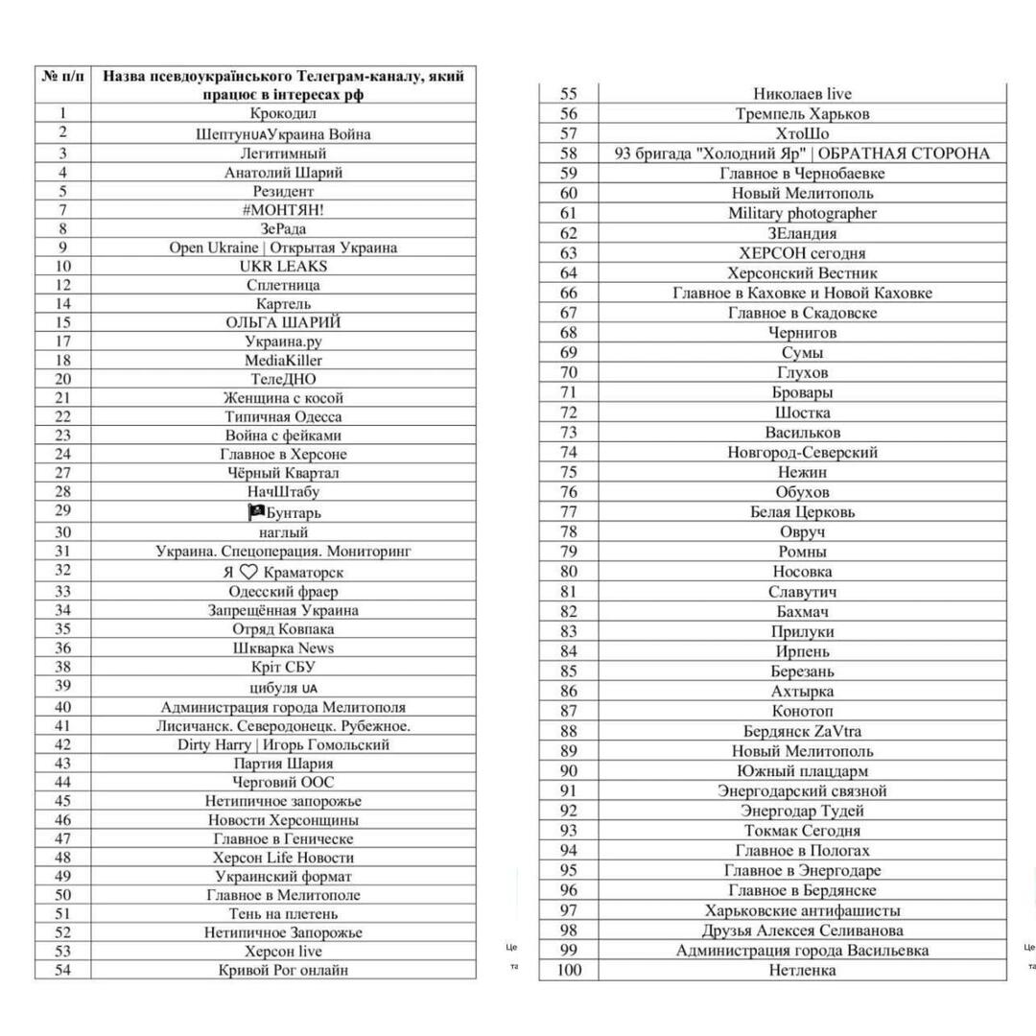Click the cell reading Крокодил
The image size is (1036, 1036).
(x=283, y=115)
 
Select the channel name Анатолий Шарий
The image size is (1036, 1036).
(x=283, y=173)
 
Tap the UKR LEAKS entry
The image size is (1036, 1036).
(x=283, y=266)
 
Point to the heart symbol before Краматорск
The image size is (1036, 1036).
(x=248, y=572)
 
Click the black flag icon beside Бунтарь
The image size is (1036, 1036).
(x=255, y=512)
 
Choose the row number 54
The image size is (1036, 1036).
(x=63, y=970)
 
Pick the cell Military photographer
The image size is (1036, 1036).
(x=802, y=213)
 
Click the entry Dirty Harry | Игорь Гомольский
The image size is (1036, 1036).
(x=283, y=744)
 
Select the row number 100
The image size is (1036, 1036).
(x=569, y=970)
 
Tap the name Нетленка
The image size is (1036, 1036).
(x=802, y=970)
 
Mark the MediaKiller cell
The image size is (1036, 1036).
(x=283, y=361)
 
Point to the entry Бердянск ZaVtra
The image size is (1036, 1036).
(x=802, y=731)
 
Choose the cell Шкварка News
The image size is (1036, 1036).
(x=283, y=648)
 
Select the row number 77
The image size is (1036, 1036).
(x=569, y=511)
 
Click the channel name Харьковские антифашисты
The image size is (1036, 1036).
(x=802, y=910)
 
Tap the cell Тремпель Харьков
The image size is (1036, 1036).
(x=802, y=113)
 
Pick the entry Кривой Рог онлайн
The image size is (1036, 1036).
(x=283, y=970)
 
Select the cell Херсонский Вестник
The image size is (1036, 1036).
(x=802, y=273)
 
